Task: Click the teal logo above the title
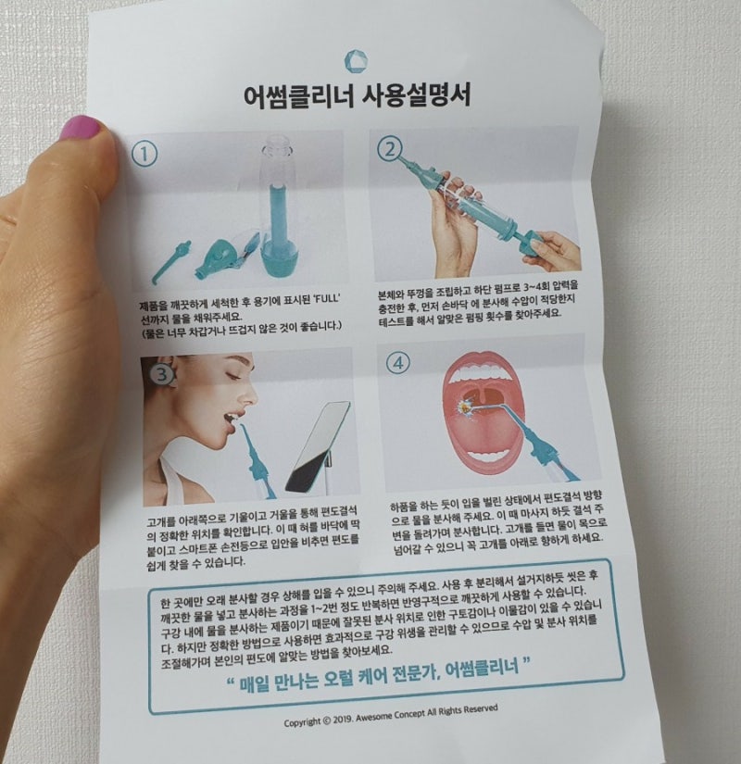pos(356,61)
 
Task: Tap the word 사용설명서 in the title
pos(416,94)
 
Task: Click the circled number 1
pos(144,154)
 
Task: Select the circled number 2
pos(390,150)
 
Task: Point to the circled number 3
pos(162,374)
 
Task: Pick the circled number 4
pos(398,363)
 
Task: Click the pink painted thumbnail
pos(80,128)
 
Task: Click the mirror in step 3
pos(318,446)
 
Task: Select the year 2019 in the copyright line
pos(344,720)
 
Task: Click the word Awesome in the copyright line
pos(373,717)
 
